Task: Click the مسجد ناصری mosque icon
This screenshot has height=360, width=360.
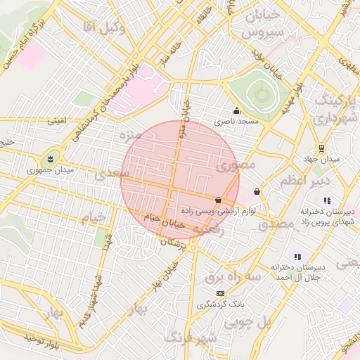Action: point(236,110)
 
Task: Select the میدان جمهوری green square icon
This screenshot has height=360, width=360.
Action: point(51,157)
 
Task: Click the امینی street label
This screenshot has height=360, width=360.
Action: point(57,121)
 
